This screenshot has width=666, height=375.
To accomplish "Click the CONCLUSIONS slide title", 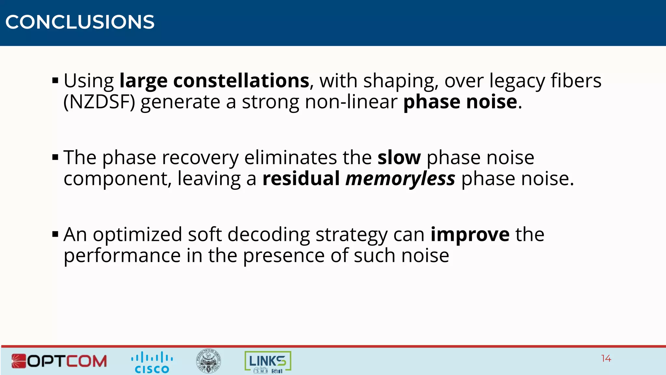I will coord(80,22).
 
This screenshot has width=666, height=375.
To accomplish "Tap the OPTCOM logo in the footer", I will coord(59,361).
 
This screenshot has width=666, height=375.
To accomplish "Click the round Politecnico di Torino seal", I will coord(208,361).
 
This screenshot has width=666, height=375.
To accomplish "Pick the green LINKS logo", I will coord(268,361).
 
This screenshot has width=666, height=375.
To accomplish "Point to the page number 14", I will coord(606,358).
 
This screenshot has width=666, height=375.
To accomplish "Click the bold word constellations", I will coord(241,80).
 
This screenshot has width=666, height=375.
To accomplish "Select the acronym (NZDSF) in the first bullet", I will coord(99,102).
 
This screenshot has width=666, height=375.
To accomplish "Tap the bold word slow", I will coord(399,158).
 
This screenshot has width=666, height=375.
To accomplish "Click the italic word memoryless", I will coord(400,179).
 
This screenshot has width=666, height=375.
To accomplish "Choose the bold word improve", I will coord(470,234).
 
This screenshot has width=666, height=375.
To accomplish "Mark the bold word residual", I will coord(301,179).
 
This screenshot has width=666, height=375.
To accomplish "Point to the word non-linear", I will coord(351,102).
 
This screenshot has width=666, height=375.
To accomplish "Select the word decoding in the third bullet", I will coord(269,234).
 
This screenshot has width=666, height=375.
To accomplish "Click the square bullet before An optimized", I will coord(55,234).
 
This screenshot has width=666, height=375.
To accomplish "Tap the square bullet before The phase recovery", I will coord(55,158).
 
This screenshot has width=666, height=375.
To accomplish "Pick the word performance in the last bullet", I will coord(122,256).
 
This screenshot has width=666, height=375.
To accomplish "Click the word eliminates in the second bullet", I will coord(290,158).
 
